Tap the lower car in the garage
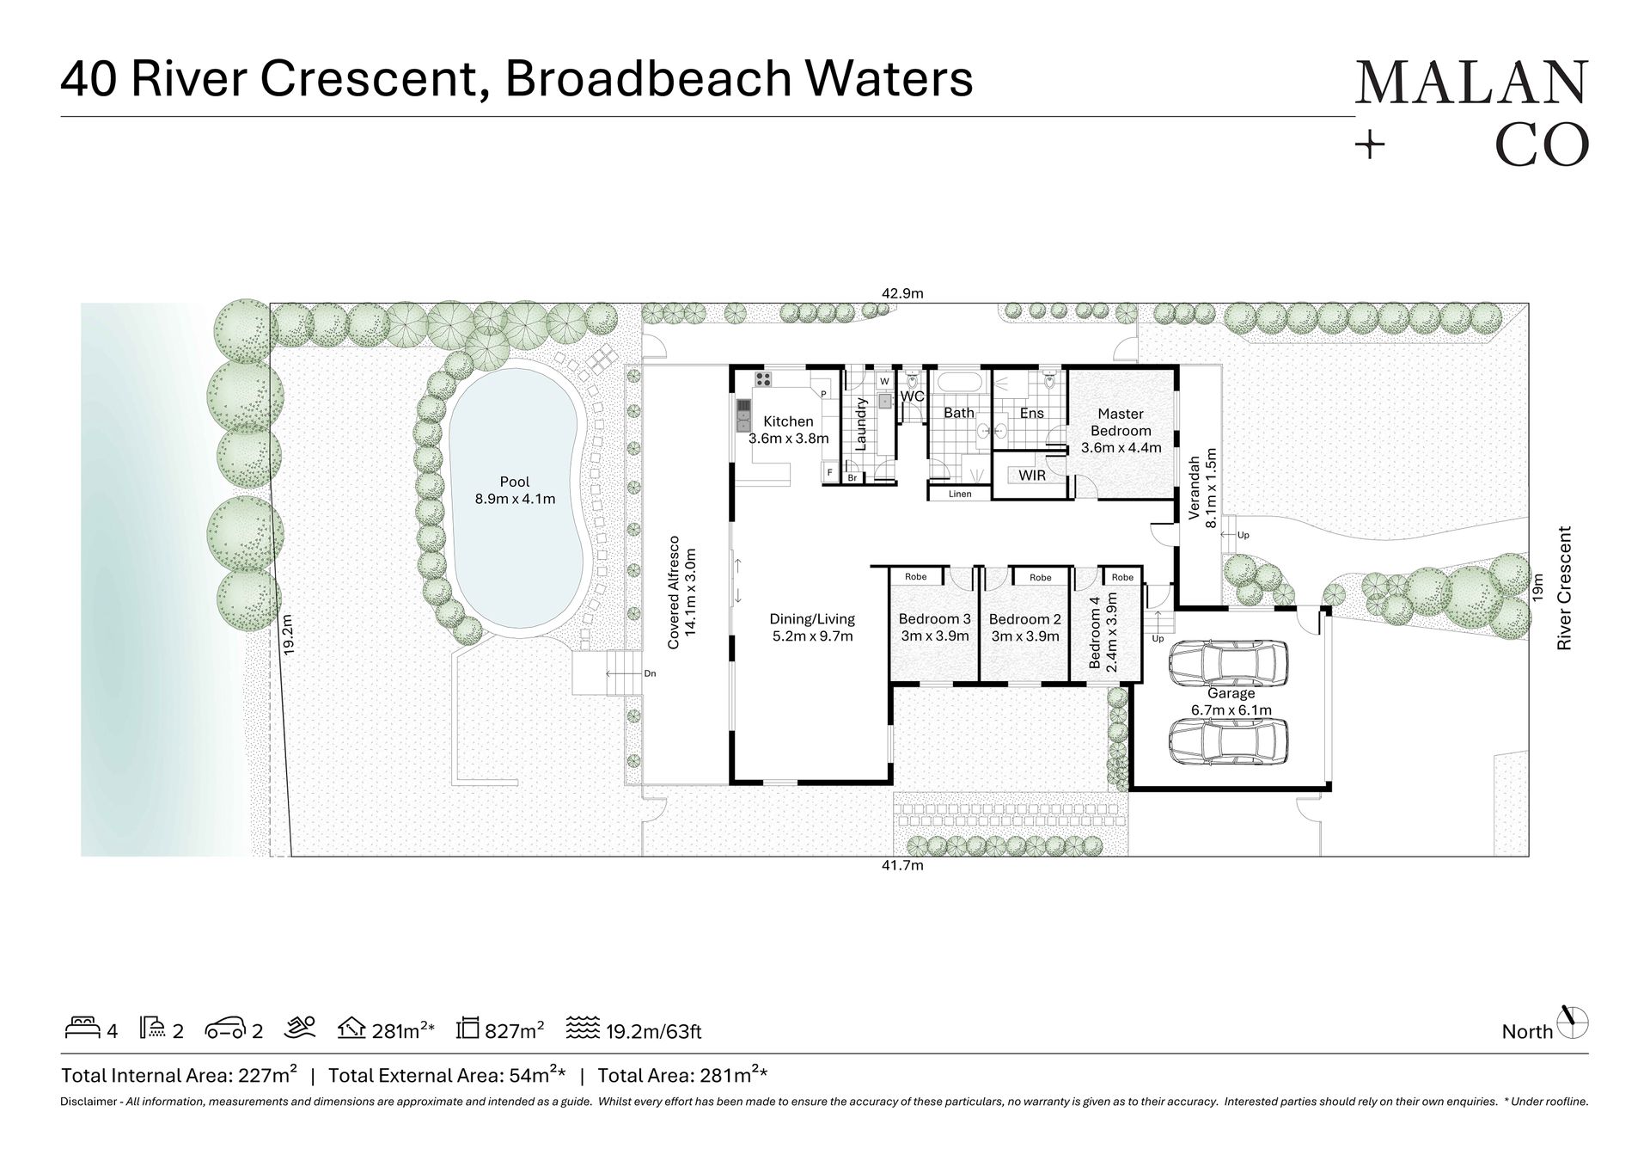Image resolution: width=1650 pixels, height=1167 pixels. point(1228,740)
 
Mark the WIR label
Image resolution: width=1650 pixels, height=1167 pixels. point(1031,475)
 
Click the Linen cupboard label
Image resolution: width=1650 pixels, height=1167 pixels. point(960,494)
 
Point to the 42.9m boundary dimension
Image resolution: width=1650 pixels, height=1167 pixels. point(902,293)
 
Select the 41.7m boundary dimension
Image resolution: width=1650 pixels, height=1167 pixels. point(902,865)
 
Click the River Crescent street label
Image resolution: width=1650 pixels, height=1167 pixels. point(1564,588)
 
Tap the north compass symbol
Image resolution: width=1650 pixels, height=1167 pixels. point(1573,1023)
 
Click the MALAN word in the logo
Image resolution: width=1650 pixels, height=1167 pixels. point(1471,83)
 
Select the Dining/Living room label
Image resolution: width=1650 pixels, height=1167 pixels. point(812,627)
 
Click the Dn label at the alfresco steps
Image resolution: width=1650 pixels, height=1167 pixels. point(650,673)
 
